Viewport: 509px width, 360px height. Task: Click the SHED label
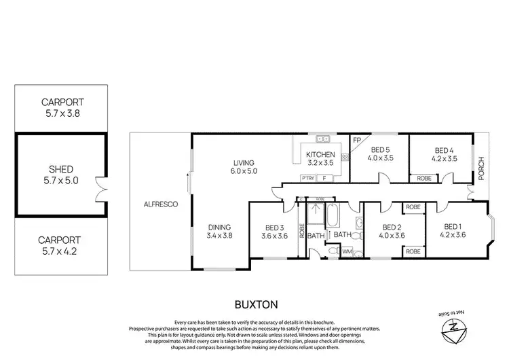[x=60, y=169]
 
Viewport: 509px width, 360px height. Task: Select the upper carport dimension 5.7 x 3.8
[x=60, y=115]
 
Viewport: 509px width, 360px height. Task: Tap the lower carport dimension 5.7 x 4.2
[x=60, y=251]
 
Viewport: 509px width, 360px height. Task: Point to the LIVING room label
[x=244, y=163]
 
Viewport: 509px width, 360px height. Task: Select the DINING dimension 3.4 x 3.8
[x=219, y=236]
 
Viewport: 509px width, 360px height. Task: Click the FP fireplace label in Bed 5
[x=356, y=141]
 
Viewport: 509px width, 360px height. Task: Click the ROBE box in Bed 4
[x=423, y=178]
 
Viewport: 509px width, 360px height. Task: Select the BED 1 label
[x=451, y=227]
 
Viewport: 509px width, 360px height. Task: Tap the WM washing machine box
[x=346, y=252]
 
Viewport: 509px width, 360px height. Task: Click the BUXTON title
[x=254, y=304]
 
